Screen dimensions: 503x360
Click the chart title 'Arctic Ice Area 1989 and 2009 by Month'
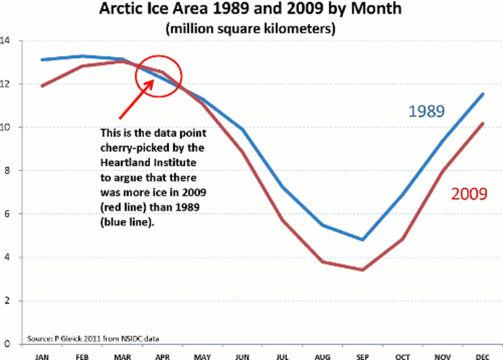[250, 9]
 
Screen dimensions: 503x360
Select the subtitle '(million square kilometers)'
[251, 29]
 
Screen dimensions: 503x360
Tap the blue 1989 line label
[426, 111]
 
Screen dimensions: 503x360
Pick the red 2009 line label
[469, 194]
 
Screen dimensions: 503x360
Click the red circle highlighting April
[135, 76]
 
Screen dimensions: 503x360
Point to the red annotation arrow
[137, 99]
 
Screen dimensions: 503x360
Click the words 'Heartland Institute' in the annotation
[148, 162]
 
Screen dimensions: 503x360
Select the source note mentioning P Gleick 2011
[93, 338]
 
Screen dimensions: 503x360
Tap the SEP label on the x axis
[362, 357]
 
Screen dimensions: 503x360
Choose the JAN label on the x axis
[41, 357]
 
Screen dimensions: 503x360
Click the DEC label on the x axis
[483, 357]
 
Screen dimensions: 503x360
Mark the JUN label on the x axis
[242, 357]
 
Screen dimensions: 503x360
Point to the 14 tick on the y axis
[5, 41]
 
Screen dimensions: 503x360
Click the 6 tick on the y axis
[7, 214]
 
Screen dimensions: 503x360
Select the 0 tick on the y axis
[7, 344]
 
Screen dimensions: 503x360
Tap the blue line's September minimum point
[362, 240]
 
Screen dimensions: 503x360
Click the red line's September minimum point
[362, 270]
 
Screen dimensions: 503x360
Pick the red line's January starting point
[42, 86]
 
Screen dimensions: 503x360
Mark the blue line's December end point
[483, 94]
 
